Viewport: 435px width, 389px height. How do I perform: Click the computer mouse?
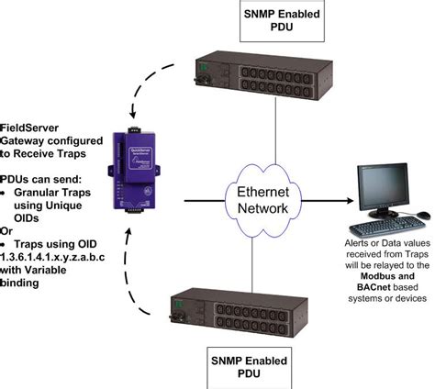pyautogui.click(x=423, y=216)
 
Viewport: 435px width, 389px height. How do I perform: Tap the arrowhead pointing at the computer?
pyautogui.click(x=348, y=199)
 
